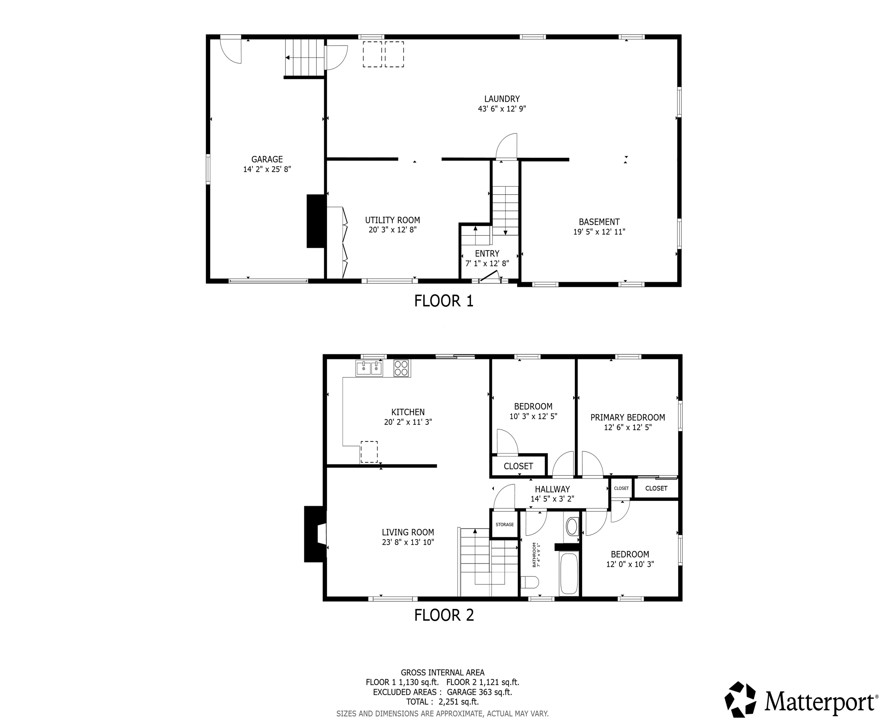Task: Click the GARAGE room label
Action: pos(267,159)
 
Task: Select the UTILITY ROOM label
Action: pos(392,220)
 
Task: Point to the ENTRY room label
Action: pos(487,254)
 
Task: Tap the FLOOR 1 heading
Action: pos(444,301)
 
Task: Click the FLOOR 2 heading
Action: pos(444,615)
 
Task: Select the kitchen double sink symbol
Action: pos(369,369)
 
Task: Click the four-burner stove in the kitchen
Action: pos(401,368)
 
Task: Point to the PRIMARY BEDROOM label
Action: pos(627,418)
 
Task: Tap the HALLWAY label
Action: pos(552,489)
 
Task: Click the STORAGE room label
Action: pos(505,525)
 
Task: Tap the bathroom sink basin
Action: pos(572,527)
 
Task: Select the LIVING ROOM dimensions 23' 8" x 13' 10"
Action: pos(407,542)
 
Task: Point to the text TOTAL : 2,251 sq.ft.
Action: pos(442,701)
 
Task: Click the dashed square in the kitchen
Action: pos(369,452)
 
